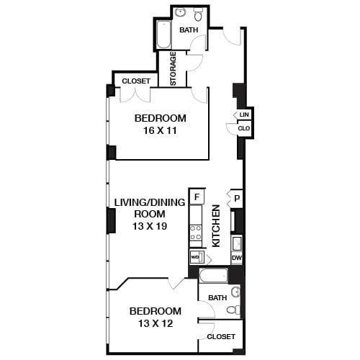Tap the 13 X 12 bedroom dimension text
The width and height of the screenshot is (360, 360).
(x=155, y=323)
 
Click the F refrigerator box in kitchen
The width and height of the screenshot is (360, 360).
(x=197, y=196)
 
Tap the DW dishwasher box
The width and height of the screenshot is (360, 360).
(x=236, y=258)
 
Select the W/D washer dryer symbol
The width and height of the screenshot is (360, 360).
(x=195, y=257)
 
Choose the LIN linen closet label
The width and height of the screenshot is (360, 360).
(x=244, y=114)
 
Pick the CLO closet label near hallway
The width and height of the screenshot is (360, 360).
(x=244, y=129)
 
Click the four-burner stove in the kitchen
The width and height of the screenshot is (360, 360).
(x=196, y=232)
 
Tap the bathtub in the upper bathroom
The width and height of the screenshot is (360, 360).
(x=163, y=34)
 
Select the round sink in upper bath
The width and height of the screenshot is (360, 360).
(x=181, y=13)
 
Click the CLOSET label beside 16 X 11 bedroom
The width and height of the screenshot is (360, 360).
(x=135, y=81)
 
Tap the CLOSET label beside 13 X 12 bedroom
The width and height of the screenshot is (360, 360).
(x=220, y=336)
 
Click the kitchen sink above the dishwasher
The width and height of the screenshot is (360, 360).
(x=236, y=243)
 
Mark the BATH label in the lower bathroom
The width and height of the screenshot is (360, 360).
(x=217, y=297)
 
